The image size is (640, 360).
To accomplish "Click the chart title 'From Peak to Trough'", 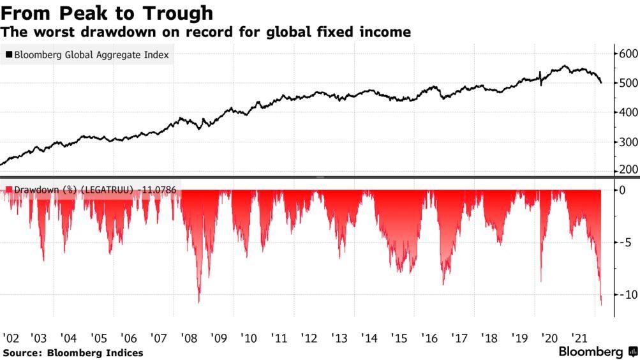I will pos(107,13).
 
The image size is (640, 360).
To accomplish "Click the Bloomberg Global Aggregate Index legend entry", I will pos(87,55).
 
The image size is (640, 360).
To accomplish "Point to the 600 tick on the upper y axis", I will pos(627,54).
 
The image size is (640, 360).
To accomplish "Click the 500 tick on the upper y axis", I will pos(627,83).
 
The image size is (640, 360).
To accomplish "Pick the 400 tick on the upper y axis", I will pos(627,112).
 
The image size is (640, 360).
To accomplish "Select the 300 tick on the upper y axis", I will pos(627,142).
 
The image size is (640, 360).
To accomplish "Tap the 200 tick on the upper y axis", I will pos(627,170).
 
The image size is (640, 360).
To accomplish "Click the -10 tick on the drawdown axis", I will pos(625,294).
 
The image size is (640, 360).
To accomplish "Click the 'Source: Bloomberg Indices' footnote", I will pos(73,353).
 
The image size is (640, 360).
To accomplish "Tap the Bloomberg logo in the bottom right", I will pos(597,352).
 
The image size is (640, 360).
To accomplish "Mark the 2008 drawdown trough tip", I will pos(199,303).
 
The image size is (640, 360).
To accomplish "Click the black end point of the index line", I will pos(601,82).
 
